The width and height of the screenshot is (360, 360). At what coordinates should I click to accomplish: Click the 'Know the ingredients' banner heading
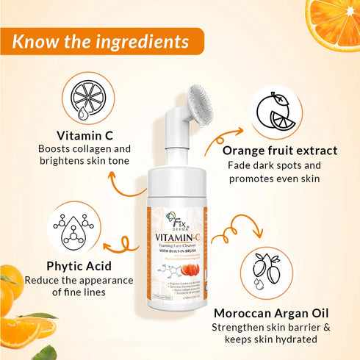[100, 40]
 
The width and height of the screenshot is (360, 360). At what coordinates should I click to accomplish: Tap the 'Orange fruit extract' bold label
[280, 151]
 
